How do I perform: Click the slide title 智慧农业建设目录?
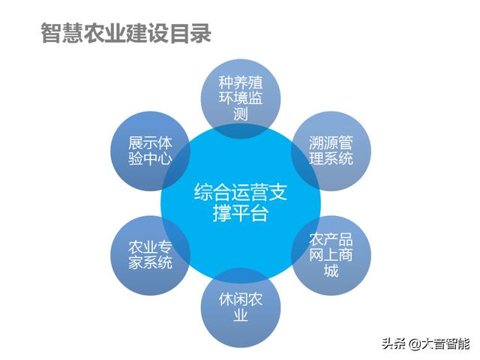[126, 33]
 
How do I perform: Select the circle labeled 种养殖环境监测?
[241, 99]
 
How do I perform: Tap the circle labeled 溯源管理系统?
[331, 151]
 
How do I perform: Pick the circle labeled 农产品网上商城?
[331, 255]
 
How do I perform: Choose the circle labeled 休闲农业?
[241, 307]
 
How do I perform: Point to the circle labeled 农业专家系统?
[150, 255]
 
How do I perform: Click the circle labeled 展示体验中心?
[150, 151]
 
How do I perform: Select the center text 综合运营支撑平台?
[241, 202]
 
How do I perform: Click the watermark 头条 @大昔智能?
[425, 344]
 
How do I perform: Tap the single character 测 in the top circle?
[241, 114]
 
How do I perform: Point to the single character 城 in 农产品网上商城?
[331, 271]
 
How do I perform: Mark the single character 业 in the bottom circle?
[241, 315]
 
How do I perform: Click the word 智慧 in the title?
[61, 33]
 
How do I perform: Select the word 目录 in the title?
[190, 33]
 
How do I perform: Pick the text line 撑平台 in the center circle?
[241, 213]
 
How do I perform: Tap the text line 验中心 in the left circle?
[150, 159]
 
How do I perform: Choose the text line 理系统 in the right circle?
[331, 159]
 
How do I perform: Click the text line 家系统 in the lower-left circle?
[150, 263]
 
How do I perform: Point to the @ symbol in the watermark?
[415, 344]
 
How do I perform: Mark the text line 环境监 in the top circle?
[241, 98]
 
